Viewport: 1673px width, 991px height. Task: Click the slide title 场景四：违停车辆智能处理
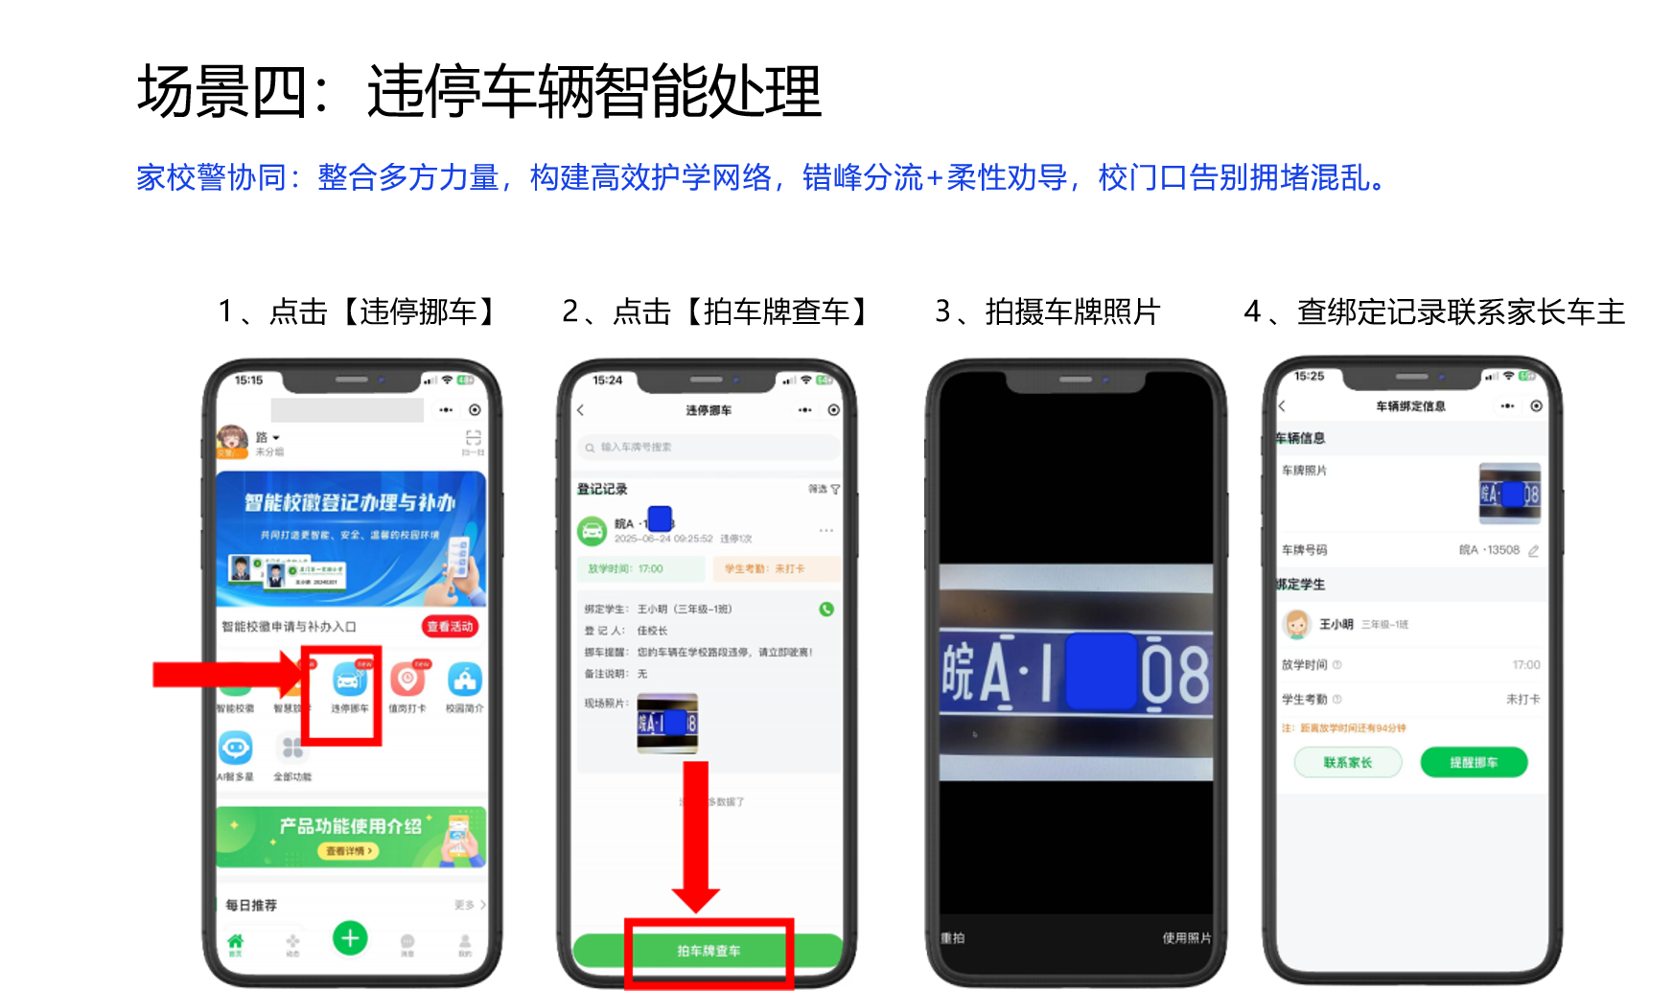pos(479,92)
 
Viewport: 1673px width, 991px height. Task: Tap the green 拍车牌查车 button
pos(708,951)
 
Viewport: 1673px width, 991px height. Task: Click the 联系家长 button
pos(1347,763)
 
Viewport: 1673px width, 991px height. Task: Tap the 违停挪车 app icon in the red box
pos(348,682)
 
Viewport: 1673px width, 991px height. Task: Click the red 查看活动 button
pos(450,627)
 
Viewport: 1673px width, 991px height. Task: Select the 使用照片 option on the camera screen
pos(1186,937)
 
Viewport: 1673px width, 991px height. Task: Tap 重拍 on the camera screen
pos(953,937)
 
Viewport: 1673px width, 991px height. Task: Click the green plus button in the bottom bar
pos(350,937)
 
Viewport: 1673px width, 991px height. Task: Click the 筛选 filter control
pos(823,489)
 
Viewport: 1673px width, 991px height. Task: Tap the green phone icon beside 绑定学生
pos(826,609)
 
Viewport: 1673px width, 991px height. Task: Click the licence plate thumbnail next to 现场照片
pos(667,723)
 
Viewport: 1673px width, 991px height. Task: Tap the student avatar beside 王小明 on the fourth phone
pos(1296,625)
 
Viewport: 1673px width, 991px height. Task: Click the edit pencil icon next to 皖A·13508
pos(1533,551)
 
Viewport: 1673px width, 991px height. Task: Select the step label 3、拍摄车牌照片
pos(1047,311)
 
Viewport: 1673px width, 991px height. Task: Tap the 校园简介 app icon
pos(464,682)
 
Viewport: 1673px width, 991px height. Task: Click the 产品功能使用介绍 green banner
pos(351,836)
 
